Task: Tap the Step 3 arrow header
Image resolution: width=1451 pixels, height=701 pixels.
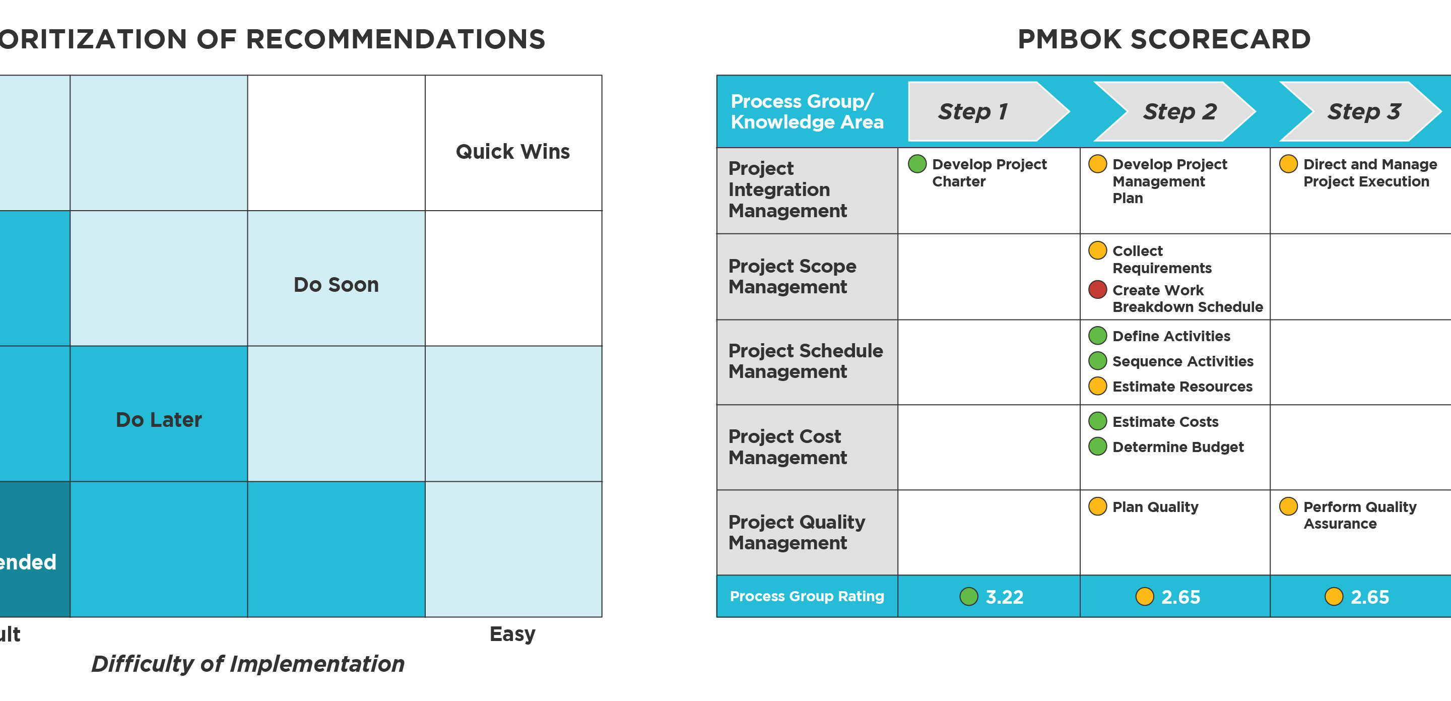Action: pos(1364,111)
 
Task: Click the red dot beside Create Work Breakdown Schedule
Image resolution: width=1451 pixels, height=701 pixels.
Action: pos(1097,290)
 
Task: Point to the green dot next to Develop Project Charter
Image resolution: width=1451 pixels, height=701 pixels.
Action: pos(917,164)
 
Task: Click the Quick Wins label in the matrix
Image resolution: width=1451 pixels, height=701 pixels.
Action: pos(512,152)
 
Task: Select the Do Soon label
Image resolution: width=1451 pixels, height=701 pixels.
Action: pos(336,285)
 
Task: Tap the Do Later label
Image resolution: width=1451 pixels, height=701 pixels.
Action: pos(159,420)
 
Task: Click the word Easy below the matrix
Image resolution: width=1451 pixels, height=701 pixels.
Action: pos(512,634)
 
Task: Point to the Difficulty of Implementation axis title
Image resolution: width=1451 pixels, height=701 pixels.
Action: pos(248,664)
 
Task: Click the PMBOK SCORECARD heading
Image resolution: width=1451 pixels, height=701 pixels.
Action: pos(1164,39)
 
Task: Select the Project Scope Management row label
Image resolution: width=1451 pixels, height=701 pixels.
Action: pos(792,276)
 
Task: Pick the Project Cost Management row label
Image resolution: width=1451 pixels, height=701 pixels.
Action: pos(787,447)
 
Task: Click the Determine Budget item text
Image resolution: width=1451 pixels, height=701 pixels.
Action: pos(1178,447)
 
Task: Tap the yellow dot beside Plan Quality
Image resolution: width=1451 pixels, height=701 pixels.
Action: pos(1097,506)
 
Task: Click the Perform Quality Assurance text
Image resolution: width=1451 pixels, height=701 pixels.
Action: pos(1359,515)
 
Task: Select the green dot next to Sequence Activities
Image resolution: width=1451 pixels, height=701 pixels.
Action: pos(1097,361)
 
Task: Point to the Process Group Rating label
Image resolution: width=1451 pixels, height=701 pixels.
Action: pos(807,596)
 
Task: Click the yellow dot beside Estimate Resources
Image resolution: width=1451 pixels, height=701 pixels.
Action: pos(1097,386)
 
